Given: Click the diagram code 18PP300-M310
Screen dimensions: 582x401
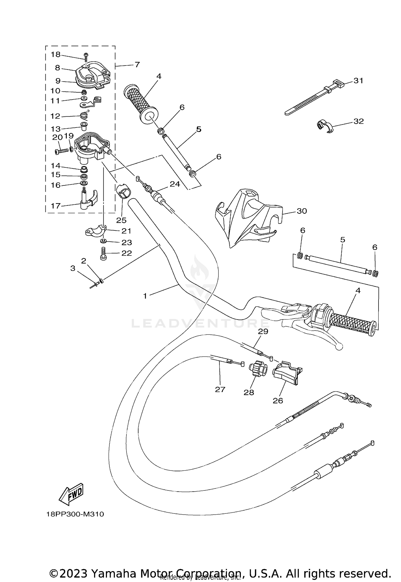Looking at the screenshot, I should tap(75, 514).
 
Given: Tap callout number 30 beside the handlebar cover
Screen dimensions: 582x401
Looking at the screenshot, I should tap(302, 211).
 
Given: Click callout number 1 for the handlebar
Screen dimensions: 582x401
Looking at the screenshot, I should tap(145, 296).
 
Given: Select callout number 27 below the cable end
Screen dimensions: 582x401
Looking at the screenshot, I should tap(220, 389).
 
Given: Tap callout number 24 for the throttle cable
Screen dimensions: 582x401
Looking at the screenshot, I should tap(175, 184).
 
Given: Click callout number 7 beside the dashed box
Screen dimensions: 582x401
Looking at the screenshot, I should tap(137, 64).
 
